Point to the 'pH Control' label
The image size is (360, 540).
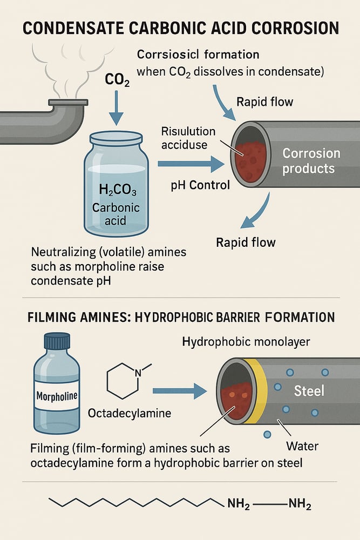(200, 185)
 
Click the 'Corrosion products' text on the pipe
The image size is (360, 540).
(311, 160)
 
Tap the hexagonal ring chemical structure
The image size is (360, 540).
(124, 381)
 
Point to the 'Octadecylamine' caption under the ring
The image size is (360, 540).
(129, 413)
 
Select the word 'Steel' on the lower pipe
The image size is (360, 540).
(309, 390)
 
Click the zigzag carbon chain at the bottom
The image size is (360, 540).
(135, 503)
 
